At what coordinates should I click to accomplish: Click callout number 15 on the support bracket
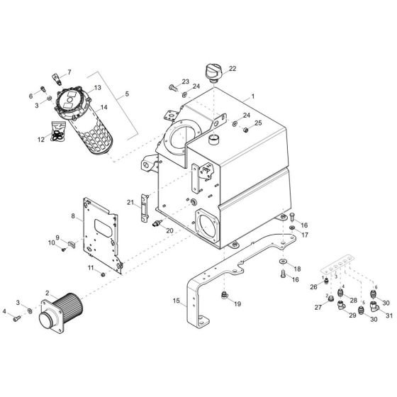point(176,301)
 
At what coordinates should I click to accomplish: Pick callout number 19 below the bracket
point(237,303)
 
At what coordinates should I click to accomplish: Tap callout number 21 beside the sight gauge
point(130,203)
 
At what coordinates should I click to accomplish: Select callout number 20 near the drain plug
point(169,231)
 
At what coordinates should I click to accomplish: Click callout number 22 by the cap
point(233,69)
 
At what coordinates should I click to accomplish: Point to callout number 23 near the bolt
point(186,82)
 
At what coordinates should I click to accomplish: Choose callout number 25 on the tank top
point(258,123)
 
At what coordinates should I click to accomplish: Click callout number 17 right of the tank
point(304,235)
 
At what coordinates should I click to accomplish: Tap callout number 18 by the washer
point(297,269)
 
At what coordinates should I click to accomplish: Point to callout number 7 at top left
point(69,72)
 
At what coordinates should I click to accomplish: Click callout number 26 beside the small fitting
point(313,287)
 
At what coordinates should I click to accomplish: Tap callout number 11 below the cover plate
point(91,267)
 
